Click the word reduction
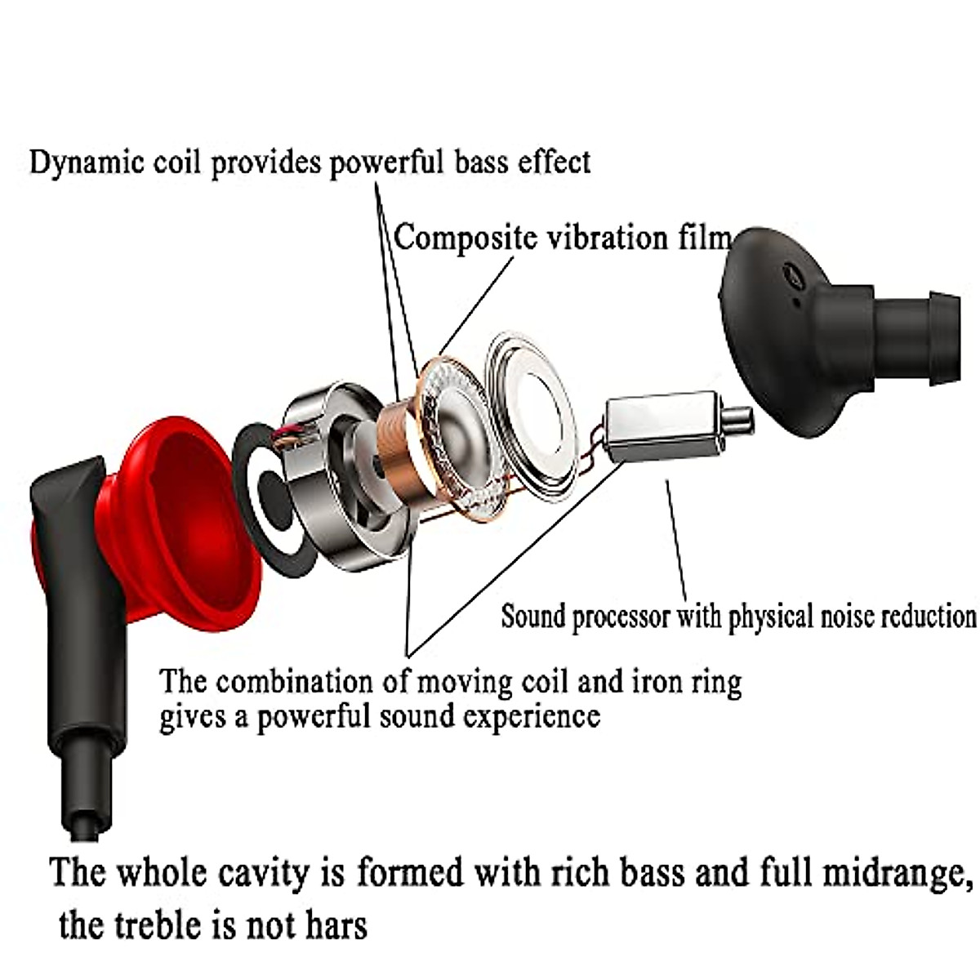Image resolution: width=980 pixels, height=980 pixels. (x=928, y=616)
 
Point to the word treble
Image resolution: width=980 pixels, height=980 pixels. (x=154, y=925)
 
